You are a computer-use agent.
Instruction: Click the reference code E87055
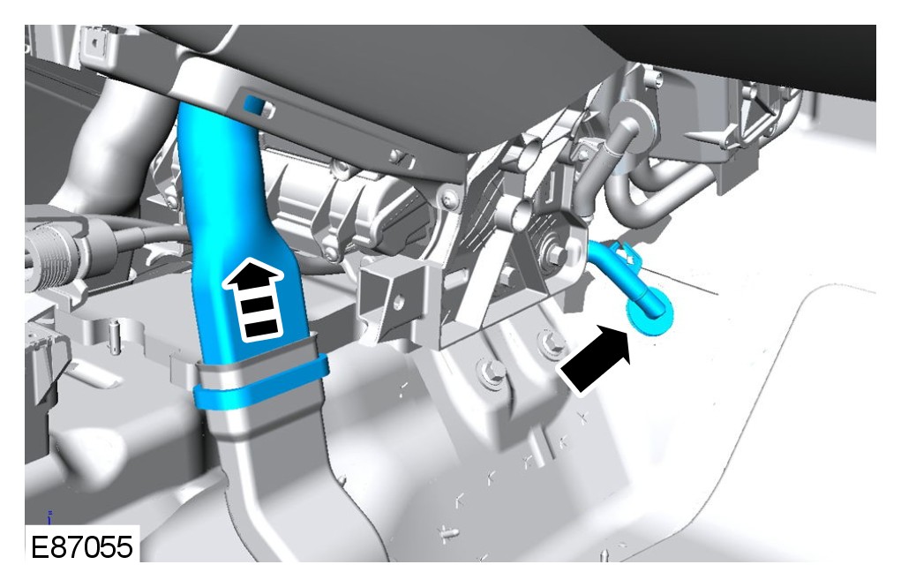81,546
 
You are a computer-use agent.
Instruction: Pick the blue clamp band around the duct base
261,382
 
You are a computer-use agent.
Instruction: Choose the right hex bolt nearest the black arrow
551,343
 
